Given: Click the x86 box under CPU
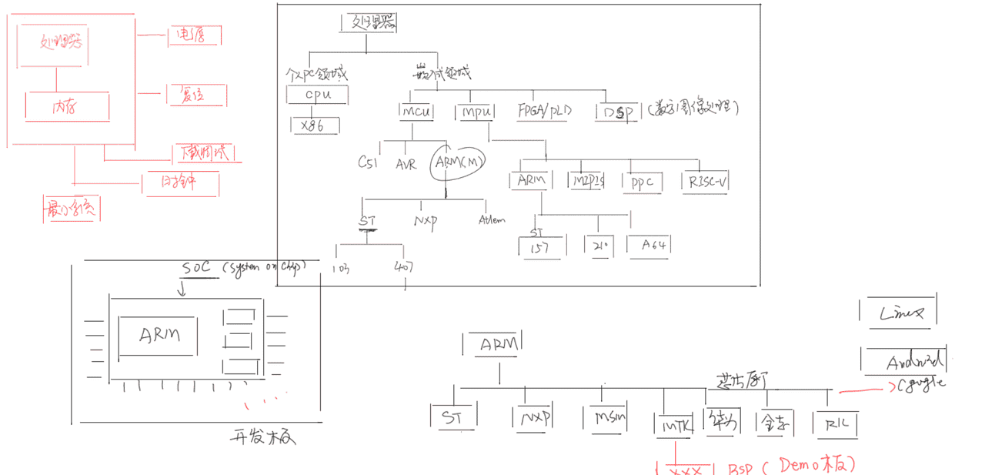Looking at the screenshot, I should (x=313, y=125).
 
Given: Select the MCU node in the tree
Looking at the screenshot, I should (x=416, y=112).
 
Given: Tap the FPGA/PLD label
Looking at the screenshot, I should (x=545, y=111).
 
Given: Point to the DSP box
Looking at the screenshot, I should (x=616, y=112).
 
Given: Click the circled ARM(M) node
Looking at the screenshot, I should (x=459, y=162).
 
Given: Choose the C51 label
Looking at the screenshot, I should (x=367, y=163).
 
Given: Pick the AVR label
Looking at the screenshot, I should (x=406, y=164).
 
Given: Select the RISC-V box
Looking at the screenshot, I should (x=705, y=182).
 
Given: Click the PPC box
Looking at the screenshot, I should (x=642, y=182).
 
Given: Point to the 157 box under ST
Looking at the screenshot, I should (x=542, y=246).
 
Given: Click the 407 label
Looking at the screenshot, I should (x=403, y=269).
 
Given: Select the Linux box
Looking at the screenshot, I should (x=899, y=312).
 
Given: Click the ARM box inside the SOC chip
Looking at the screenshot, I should (x=159, y=336).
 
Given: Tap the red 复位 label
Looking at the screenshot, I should (x=192, y=95).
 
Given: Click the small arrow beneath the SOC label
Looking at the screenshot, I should (x=182, y=289).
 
